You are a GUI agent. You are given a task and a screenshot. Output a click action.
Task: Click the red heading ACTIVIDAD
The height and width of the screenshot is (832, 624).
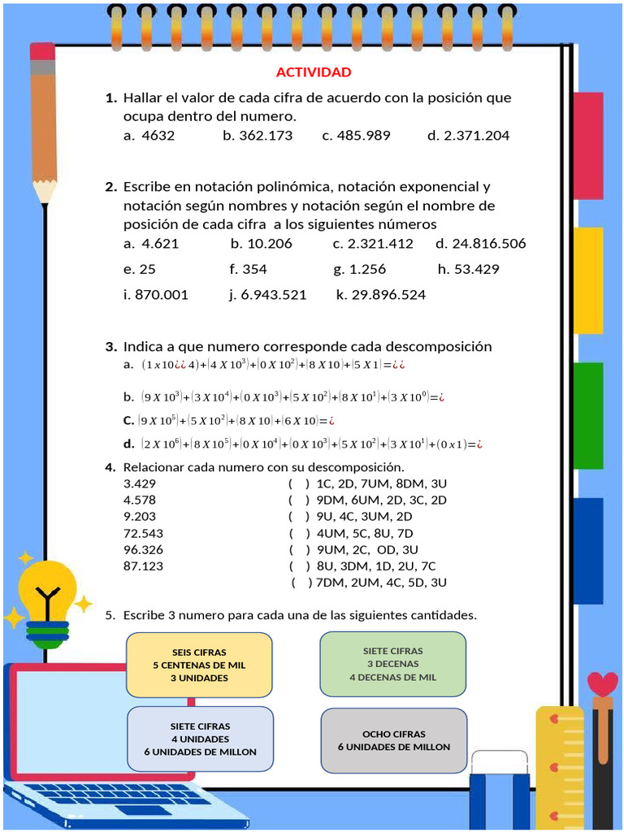314,72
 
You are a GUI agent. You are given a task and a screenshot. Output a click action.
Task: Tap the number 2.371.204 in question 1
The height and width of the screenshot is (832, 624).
476,136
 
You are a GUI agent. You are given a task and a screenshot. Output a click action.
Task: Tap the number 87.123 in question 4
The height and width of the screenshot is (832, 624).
143,566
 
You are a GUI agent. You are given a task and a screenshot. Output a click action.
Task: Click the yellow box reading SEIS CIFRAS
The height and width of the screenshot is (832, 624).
199,665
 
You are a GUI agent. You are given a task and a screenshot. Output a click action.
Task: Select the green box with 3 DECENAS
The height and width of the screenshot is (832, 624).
392,664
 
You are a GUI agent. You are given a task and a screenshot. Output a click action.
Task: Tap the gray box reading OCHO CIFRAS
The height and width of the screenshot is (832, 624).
394,740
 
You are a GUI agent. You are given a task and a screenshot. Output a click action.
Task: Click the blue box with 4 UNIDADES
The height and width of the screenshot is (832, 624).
200,739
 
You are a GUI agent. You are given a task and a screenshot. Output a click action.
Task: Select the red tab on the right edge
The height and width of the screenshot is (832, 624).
588,145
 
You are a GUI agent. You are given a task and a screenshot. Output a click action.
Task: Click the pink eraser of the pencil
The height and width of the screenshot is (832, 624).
42,51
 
